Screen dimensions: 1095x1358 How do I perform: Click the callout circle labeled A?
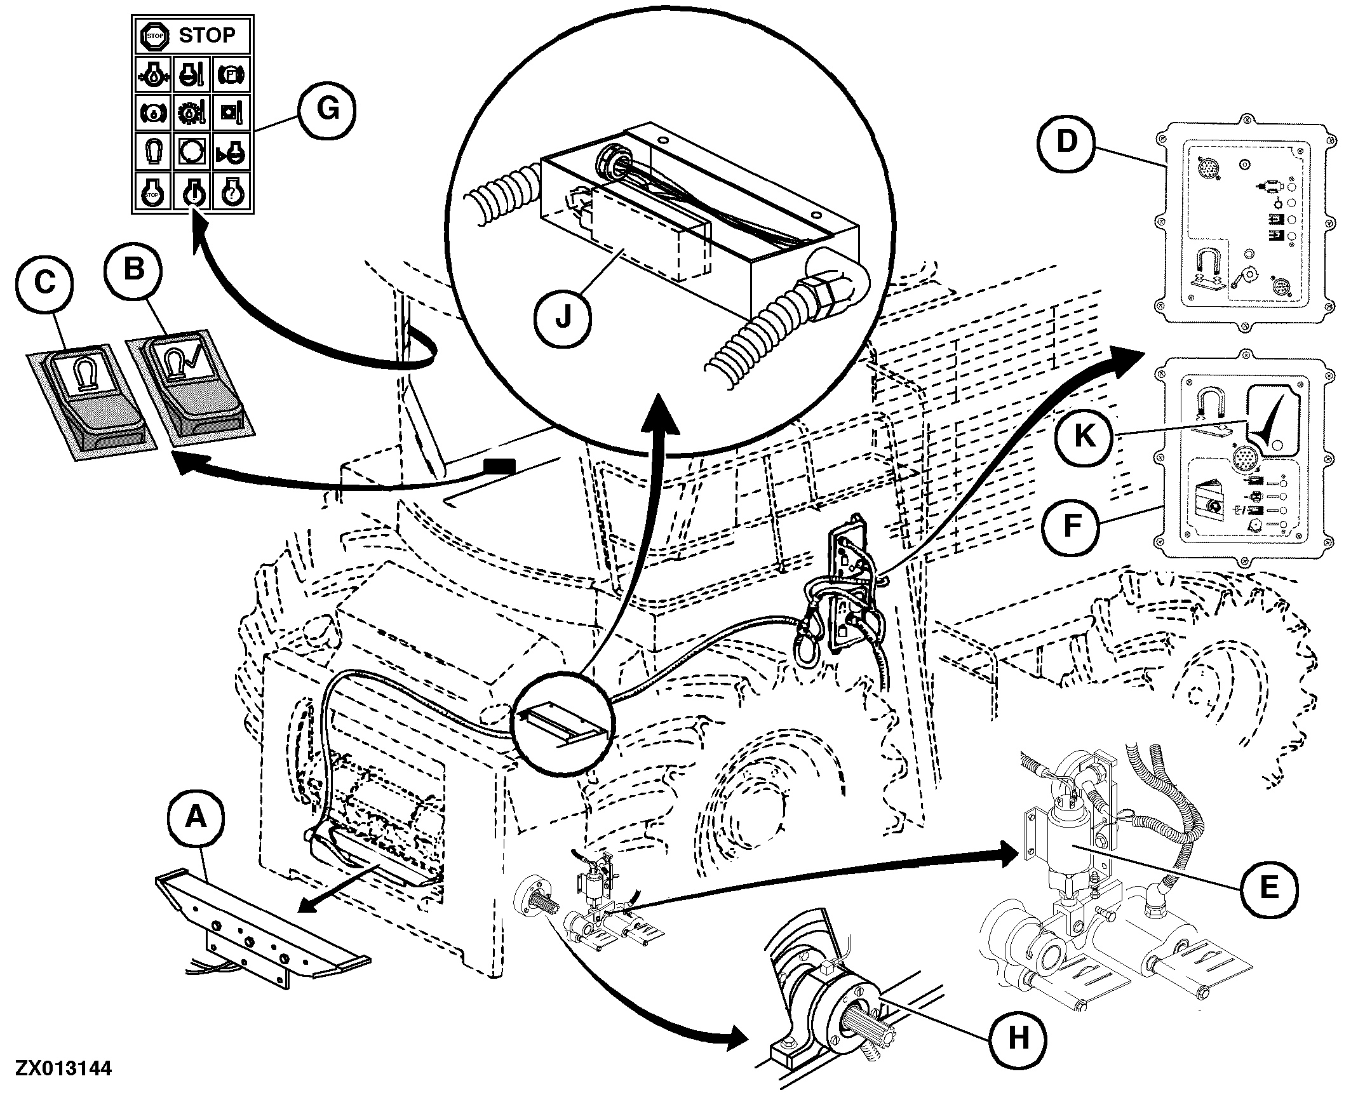click(x=196, y=817)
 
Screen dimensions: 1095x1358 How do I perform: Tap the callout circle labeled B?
click(x=134, y=271)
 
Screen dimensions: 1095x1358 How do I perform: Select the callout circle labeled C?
click(x=44, y=283)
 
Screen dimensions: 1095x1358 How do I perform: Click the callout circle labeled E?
click(x=1268, y=887)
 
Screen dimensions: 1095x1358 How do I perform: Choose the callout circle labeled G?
click(x=328, y=111)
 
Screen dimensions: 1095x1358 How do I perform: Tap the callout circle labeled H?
click(x=1018, y=1039)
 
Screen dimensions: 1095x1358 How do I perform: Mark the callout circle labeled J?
click(x=563, y=318)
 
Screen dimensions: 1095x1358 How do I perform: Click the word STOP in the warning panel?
click(x=206, y=36)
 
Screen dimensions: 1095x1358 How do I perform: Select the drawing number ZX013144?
click(x=64, y=1068)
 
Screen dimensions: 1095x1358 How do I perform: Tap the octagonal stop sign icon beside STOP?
click(x=154, y=36)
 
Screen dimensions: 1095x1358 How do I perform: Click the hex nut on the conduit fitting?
click(x=824, y=299)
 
